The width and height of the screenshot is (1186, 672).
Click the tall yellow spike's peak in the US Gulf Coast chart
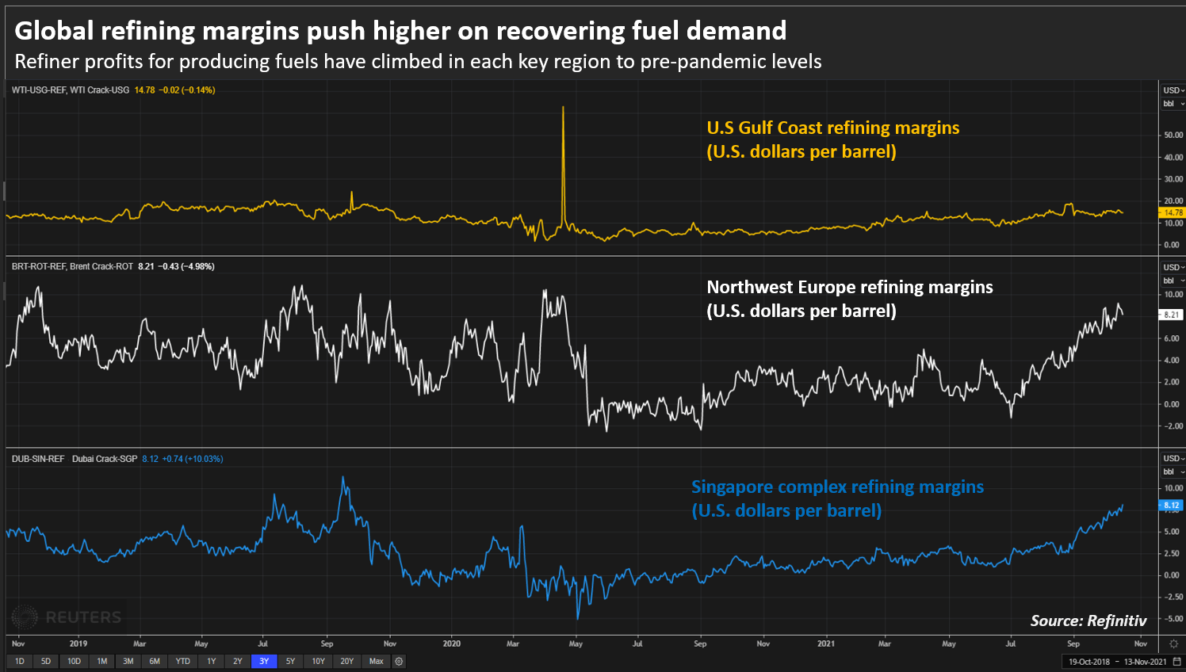(x=563, y=108)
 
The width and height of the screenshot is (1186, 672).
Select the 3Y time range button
(x=264, y=661)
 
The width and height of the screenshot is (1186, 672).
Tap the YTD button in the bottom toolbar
(x=182, y=661)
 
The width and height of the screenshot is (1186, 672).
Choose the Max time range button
(x=376, y=661)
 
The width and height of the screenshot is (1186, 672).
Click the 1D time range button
(x=19, y=661)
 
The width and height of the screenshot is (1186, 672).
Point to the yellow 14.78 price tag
(x=1173, y=212)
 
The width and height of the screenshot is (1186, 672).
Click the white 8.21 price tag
(x=1173, y=315)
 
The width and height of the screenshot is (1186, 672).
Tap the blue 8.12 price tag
(x=1173, y=505)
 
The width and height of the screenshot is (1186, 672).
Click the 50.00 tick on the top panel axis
(x=1173, y=136)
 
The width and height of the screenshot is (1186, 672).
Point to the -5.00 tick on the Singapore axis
(x=1173, y=619)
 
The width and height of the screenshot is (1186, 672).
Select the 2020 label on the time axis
(x=451, y=643)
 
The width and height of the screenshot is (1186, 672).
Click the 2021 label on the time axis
(x=825, y=643)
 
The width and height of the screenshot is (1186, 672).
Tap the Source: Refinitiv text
(x=1088, y=620)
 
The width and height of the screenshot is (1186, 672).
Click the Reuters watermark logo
(x=67, y=617)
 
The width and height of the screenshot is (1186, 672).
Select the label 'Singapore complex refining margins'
(x=837, y=487)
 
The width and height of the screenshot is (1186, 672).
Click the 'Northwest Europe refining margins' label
(x=849, y=287)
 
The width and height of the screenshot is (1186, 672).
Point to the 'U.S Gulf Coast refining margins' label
(x=832, y=128)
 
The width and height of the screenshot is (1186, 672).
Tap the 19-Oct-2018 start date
(x=1088, y=662)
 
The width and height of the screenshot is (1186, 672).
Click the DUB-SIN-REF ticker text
(x=38, y=459)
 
